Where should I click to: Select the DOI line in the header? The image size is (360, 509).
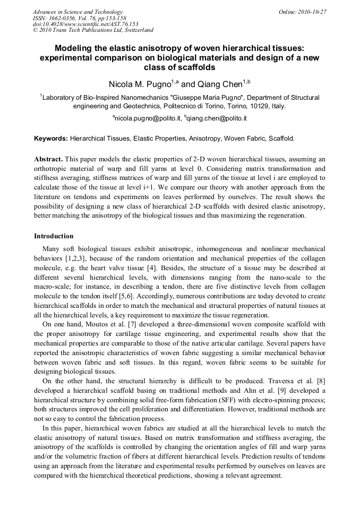(85, 24)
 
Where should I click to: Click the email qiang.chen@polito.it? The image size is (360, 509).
(217, 118)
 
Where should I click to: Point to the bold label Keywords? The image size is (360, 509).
(51, 139)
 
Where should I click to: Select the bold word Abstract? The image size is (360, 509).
(49, 159)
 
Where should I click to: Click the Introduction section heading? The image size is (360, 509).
(54, 236)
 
